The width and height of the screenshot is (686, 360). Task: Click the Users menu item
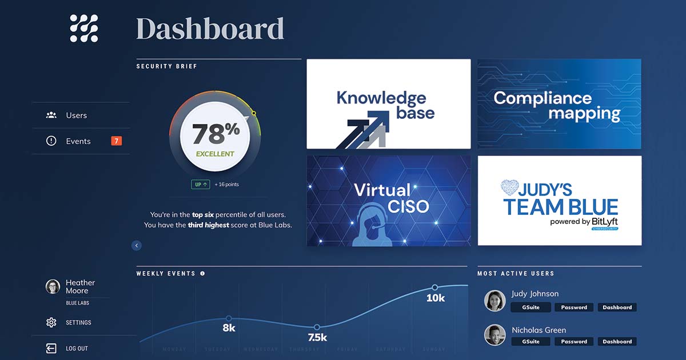76,115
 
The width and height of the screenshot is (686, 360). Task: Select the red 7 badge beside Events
116,141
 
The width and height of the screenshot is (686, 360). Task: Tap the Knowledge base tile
389,104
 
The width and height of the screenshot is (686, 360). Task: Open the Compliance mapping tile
559,104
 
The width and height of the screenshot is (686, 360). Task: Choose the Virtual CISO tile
389,201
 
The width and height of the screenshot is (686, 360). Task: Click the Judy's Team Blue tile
559,201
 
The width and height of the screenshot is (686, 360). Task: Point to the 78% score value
215,134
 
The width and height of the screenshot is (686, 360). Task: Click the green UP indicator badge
200,185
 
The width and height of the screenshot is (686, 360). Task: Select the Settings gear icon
51,322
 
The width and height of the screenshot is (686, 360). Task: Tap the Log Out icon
51,348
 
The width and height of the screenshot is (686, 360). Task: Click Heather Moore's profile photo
53,287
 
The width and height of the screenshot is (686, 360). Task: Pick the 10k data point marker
434,287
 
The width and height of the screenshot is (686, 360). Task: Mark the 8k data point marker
229,318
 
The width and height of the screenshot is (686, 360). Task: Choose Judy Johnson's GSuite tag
531,307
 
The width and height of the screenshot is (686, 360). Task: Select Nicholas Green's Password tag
574,342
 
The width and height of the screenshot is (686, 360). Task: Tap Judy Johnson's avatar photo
494,301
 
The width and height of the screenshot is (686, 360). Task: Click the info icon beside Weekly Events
202,274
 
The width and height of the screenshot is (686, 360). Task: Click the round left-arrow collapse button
136,246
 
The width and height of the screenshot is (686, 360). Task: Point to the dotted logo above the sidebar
84,29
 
